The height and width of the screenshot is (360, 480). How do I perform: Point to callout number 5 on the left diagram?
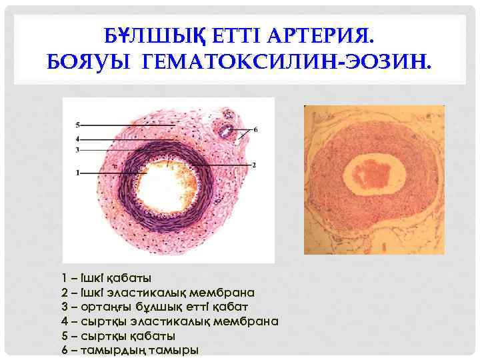[x=77, y=125]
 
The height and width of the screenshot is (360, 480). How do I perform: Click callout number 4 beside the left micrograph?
[x=77, y=138]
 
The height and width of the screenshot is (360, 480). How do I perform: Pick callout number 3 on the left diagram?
[x=77, y=150]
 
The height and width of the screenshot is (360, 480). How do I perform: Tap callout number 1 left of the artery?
[x=77, y=173]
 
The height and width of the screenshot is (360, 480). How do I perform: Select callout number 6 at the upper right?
[x=255, y=129]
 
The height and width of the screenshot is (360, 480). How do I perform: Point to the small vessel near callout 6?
[x=228, y=127]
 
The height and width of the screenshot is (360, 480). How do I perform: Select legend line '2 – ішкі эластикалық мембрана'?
[x=157, y=292]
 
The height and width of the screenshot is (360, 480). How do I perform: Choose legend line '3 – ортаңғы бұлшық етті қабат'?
[x=154, y=307]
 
